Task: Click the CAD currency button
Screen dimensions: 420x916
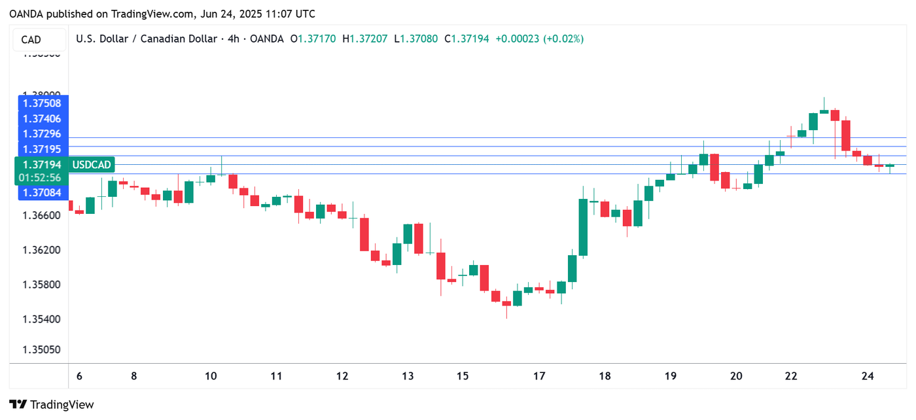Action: pyautogui.click(x=31, y=40)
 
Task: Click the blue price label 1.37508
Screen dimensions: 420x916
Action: pyautogui.click(x=42, y=103)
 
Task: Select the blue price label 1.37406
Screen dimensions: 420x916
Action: pyautogui.click(x=42, y=118)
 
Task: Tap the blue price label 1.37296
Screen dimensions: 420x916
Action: pyautogui.click(x=42, y=133)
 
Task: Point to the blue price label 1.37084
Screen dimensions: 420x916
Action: pyautogui.click(x=42, y=192)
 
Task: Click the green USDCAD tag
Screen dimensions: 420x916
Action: pyautogui.click(x=92, y=165)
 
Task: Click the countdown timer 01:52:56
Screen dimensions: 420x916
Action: pyautogui.click(x=40, y=178)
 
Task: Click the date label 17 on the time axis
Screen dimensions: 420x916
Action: pyautogui.click(x=539, y=376)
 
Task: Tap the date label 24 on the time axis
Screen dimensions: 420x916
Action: pyautogui.click(x=868, y=376)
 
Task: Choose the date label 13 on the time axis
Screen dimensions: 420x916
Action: pyautogui.click(x=408, y=376)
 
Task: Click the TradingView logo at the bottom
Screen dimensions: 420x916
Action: pyautogui.click(x=52, y=404)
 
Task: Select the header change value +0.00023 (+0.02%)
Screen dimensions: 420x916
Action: pyautogui.click(x=539, y=39)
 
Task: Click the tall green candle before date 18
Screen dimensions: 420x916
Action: pyautogui.click(x=583, y=226)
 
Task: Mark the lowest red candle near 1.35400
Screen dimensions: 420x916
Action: pyautogui.click(x=506, y=304)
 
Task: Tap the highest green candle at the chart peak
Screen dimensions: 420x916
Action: pyautogui.click(x=824, y=111)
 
